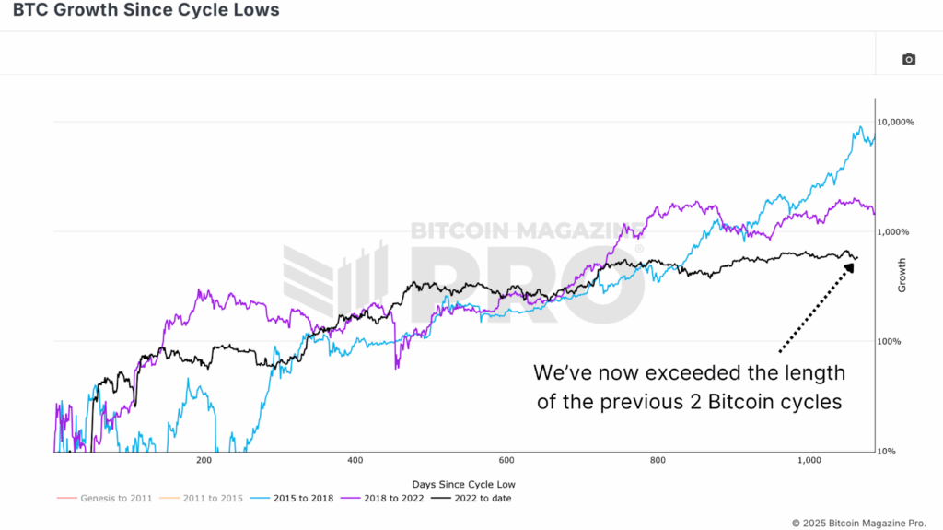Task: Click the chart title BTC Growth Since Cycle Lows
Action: coord(140,11)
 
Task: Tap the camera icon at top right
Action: coord(908,59)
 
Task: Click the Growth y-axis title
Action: coord(902,275)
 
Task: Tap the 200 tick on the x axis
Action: coord(204,460)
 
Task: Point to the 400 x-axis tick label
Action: coord(355,460)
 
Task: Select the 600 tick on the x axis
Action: coord(506,460)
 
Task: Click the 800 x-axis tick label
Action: coord(657,460)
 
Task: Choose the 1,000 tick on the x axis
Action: coord(808,460)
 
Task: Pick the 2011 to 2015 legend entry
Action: coord(210,499)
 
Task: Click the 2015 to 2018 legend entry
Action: coord(300,499)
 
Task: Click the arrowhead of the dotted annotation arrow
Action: coord(848,266)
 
